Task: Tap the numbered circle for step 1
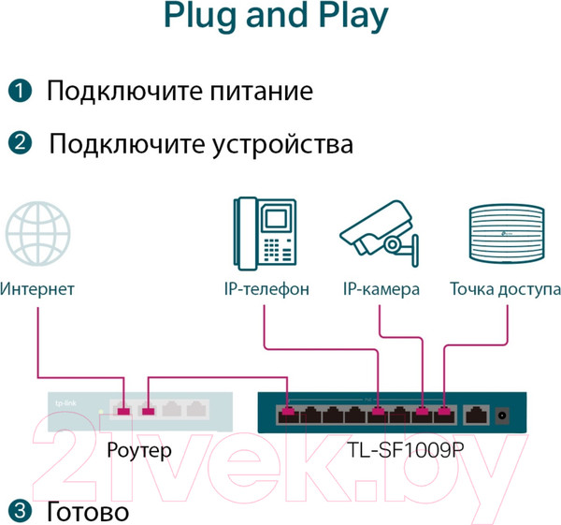click(21, 92)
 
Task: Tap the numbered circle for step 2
click(21, 143)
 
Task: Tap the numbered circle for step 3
click(21, 510)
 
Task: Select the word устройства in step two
click(286, 144)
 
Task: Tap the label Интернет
click(37, 289)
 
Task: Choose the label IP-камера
click(380, 289)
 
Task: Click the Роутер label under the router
click(139, 450)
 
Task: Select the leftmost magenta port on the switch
click(287, 410)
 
